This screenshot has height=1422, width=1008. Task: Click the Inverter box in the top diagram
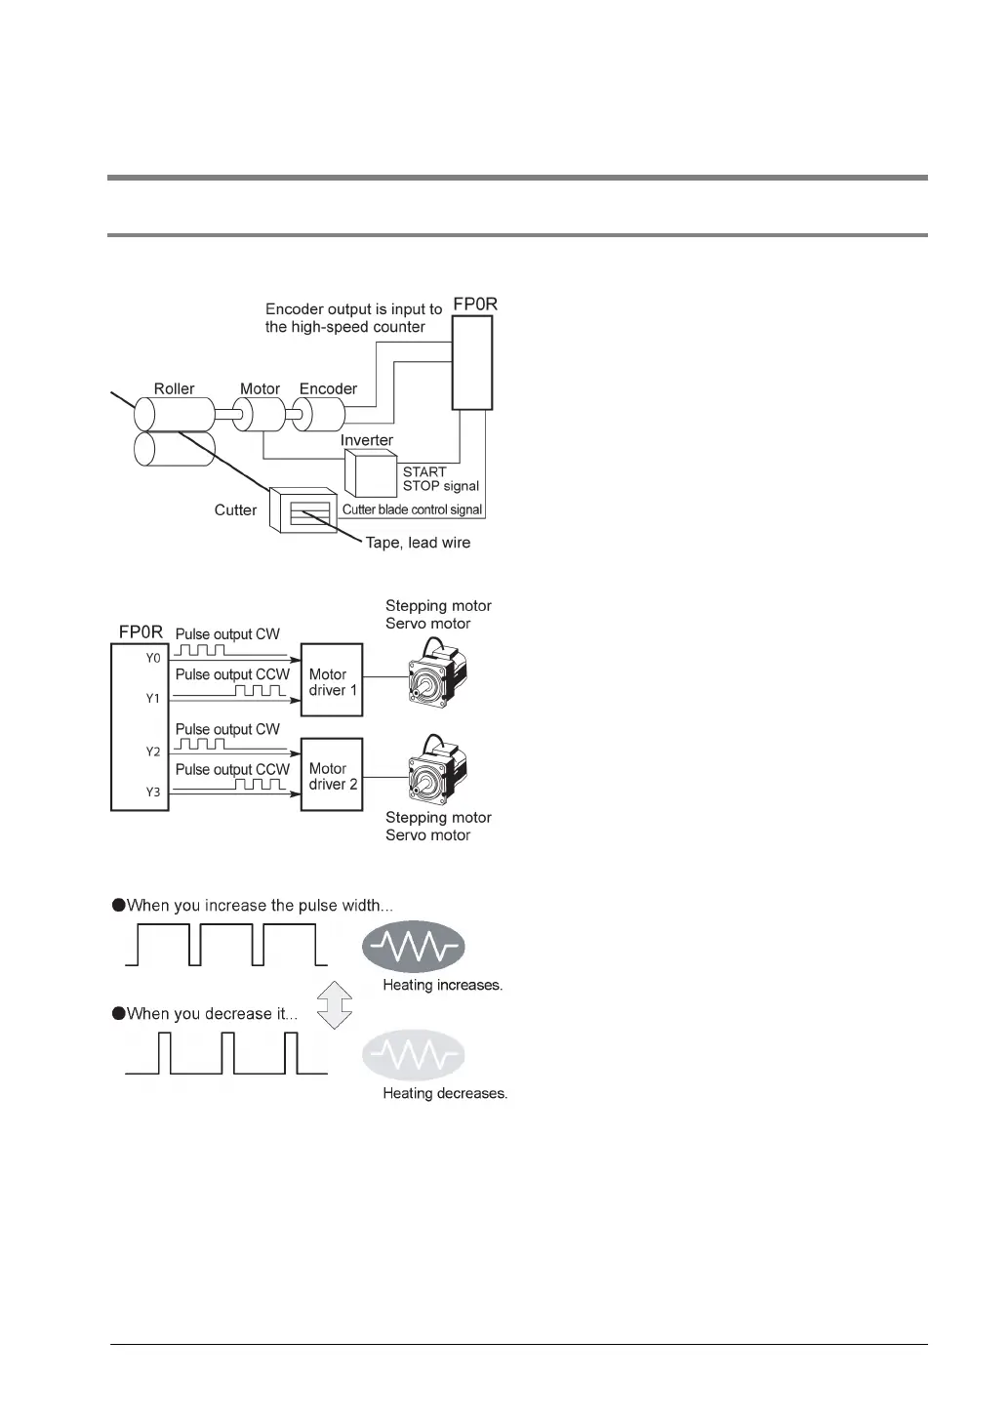click(369, 473)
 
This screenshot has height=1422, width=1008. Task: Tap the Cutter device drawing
click(305, 509)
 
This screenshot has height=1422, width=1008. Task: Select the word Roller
click(174, 388)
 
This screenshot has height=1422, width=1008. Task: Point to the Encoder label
click(328, 388)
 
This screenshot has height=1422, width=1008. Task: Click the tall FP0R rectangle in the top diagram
click(473, 362)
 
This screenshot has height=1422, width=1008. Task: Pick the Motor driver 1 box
click(333, 681)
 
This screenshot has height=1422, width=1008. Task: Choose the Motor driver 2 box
click(333, 776)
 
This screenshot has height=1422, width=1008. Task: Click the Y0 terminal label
click(153, 659)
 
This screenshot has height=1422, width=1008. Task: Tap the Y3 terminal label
click(153, 792)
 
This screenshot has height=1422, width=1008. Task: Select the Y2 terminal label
click(153, 752)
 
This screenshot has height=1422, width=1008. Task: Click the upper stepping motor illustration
click(436, 675)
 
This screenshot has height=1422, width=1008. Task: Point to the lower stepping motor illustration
click(436, 771)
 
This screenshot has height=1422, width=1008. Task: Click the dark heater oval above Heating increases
click(413, 946)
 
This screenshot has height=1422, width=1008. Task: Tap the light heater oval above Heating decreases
click(413, 1055)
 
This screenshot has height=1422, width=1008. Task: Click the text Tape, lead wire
click(418, 543)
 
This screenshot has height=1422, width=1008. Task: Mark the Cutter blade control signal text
click(412, 509)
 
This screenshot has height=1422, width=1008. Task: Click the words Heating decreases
click(445, 1094)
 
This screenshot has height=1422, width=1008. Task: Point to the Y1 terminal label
click(153, 699)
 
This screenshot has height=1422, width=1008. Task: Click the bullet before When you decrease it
click(119, 1013)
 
